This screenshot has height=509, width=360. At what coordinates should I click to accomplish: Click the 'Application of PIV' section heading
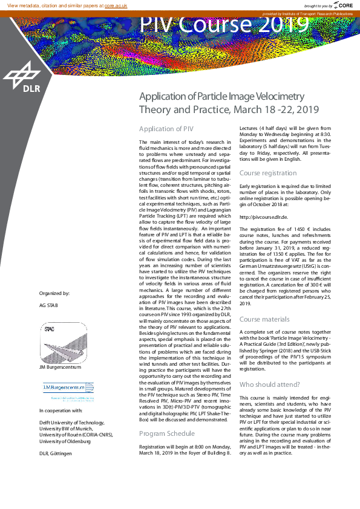coord(166,129)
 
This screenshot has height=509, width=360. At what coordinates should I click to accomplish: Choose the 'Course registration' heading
coord(268,173)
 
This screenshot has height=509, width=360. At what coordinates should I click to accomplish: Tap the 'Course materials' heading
coord(265,319)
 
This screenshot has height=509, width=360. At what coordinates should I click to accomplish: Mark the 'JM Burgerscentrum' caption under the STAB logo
coord(59,367)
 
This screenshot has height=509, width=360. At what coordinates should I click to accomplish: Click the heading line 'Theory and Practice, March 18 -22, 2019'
coord(229,109)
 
